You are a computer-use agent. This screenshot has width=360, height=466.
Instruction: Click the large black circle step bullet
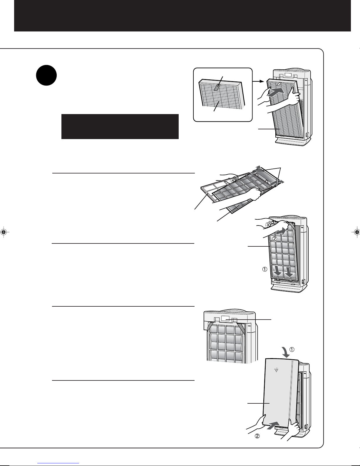click(46, 75)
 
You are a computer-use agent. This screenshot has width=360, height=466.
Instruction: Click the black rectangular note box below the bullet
click(120, 126)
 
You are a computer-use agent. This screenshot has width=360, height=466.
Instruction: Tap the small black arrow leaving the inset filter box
click(258, 81)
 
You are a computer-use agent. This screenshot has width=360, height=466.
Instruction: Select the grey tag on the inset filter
click(217, 87)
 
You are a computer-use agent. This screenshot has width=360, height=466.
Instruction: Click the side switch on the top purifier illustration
click(307, 135)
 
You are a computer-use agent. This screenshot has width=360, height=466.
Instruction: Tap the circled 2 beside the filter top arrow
click(274, 238)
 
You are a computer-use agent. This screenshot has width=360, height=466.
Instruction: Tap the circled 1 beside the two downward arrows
click(265, 269)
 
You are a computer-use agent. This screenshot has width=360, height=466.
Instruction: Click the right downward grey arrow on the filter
click(289, 271)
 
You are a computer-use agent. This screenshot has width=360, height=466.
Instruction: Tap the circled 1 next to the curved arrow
click(292, 350)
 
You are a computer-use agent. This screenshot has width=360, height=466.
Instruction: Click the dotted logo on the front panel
click(277, 370)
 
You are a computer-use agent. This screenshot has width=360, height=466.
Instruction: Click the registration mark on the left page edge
click(4, 232)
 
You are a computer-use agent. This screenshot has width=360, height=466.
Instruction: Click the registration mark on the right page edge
click(356, 232)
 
